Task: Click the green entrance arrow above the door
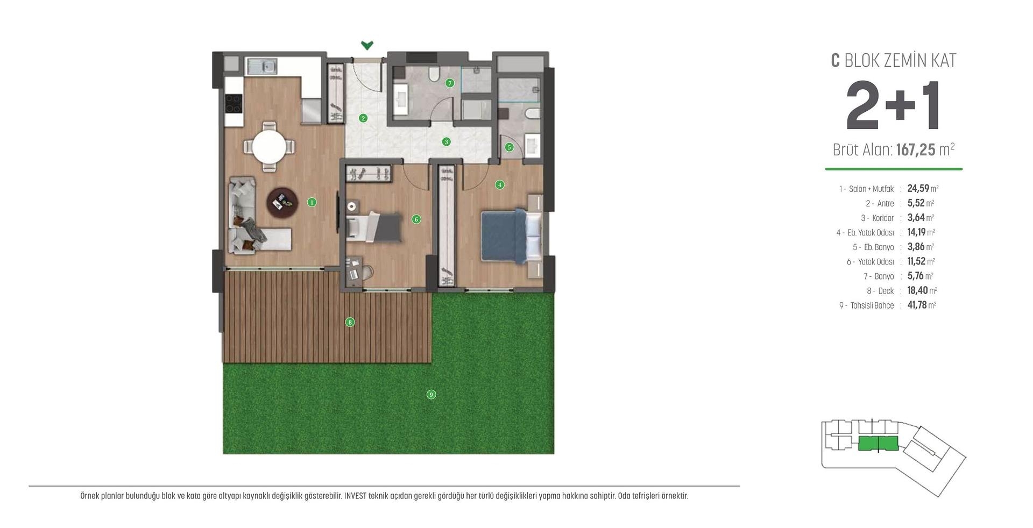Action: coord(367,45)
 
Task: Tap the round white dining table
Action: coord(269,146)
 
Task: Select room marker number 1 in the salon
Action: coord(312,202)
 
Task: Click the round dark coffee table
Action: coord(282,202)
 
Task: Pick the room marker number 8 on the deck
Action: coord(350,322)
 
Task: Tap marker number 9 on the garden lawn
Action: coord(431,394)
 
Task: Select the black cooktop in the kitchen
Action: coord(234,103)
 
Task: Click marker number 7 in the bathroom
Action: coord(450,83)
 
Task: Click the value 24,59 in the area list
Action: coord(918,188)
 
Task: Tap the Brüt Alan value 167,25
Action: coord(916,149)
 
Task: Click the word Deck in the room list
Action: coord(886,291)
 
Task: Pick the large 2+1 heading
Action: coord(893,106)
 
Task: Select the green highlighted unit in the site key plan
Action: coord(878,444)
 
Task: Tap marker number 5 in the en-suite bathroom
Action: coord(509,147)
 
